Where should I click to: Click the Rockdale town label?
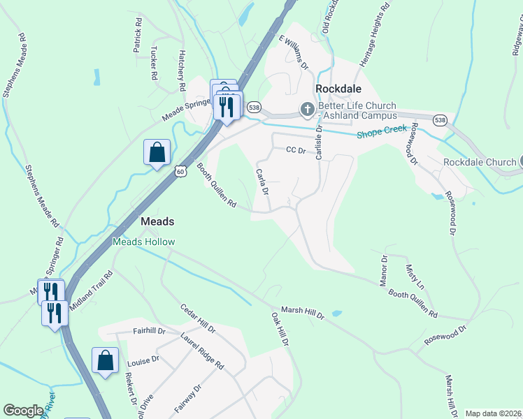click(x=338, y=89)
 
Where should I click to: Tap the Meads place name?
click(x=157, y=221)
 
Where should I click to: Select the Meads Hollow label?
click(x=144, y=242)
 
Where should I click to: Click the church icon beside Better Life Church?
click(x=307, y=109)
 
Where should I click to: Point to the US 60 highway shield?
click(x=180, y=171)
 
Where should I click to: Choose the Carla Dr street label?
click(x=263, y=181)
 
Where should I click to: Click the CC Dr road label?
click(x=296, y=150)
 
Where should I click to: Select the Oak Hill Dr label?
click(x=280, y=330)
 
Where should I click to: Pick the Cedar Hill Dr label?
click(x=198, y=318)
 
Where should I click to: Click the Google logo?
click(x=23, y=411)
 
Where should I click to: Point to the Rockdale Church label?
click(x=480, y=162)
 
